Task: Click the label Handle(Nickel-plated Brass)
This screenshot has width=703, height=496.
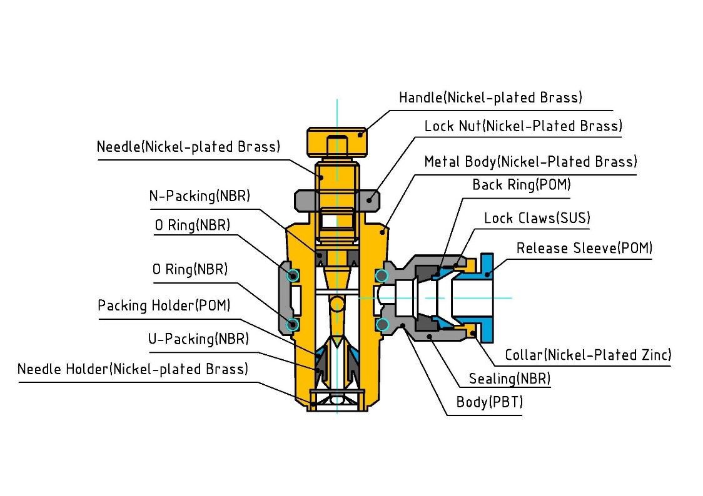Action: (490, 98)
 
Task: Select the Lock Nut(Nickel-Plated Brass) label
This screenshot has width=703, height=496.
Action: (523, 126)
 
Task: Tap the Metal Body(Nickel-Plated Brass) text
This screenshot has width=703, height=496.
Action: (530, 162)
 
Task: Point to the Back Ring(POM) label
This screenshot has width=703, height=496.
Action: (521, 185)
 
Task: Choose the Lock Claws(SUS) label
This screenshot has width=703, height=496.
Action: (537, 218)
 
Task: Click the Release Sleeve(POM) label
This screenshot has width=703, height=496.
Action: (584, 249)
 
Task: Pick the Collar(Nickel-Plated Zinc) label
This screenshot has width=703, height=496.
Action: (588, 355)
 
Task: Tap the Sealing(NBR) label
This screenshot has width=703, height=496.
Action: (510, 379)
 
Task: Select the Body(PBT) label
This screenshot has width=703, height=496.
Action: (489, 402)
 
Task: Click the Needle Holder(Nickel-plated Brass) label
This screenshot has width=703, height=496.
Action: (133, 369)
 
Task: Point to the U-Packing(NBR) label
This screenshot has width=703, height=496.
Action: (198, 339)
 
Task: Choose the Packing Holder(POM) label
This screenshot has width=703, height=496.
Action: (164, 305)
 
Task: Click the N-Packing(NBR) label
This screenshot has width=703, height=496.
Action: (200, 196)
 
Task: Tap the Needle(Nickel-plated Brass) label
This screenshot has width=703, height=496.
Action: (188, 147)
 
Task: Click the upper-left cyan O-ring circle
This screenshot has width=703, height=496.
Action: (292, 275)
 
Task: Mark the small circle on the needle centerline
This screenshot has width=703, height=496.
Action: (336, 304)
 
